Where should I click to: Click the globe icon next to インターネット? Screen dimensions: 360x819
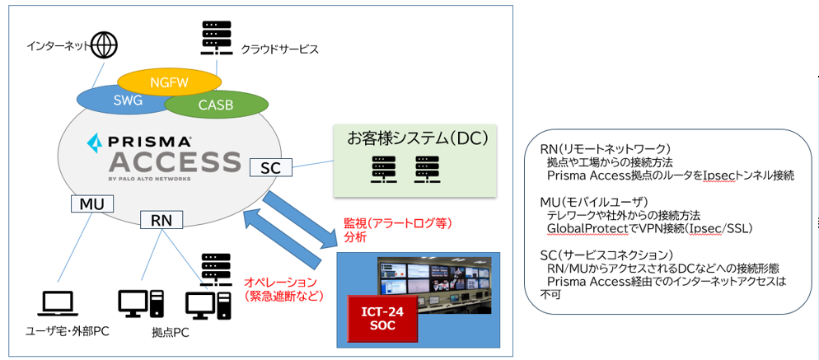coord(104,44)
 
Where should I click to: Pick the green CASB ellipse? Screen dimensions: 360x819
coord(216,105)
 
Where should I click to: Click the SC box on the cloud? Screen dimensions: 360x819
coord(270,168)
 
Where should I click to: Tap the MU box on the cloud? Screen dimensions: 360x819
coord(90,203)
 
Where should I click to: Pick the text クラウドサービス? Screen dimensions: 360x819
coord(279,49)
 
